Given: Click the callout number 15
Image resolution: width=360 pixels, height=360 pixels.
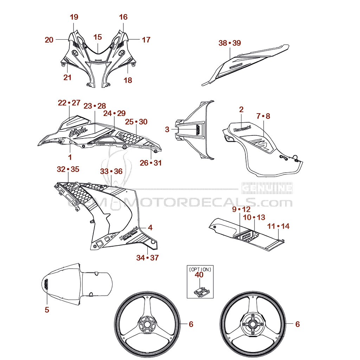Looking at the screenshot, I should pyautogui.click(x=98, y=37).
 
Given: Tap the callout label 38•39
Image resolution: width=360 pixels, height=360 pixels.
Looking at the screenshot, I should pyautogui.click(x=230, y=43).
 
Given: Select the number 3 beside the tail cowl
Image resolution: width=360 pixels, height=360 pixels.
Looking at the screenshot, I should pyautogui.click(x=167, y=129).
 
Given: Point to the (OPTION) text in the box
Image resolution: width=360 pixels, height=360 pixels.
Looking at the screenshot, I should pyautogui.click(x=200, y=270).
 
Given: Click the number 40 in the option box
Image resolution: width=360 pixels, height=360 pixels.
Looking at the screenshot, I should pyautogui.click(x=199, y=275).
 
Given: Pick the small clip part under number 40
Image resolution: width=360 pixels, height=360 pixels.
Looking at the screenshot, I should pyautogui.click(x=201, y=292).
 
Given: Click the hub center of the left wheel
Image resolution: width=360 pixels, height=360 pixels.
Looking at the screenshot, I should pyautogui.click(x=146, y=324).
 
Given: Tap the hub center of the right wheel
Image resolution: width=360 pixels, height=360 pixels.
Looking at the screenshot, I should pyautogui.click(x=252, y=324).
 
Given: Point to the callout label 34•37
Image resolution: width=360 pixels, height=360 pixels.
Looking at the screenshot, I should pyautogui.click(x=147, y=258).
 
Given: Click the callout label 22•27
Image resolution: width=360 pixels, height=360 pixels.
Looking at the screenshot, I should pyautogui.click(x=69, y=103).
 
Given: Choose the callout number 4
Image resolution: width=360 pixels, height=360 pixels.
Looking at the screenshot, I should pyautogui.click(x=150, y=227).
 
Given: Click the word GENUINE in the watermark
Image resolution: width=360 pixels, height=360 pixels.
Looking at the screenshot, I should pyautogui.click(x=267, y=188).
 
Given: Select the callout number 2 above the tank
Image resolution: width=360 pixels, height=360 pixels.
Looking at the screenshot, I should pyautogui.click(x=241, y=109).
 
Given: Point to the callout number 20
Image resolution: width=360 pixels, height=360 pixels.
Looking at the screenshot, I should pyautogui.click(x=49, y=40).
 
